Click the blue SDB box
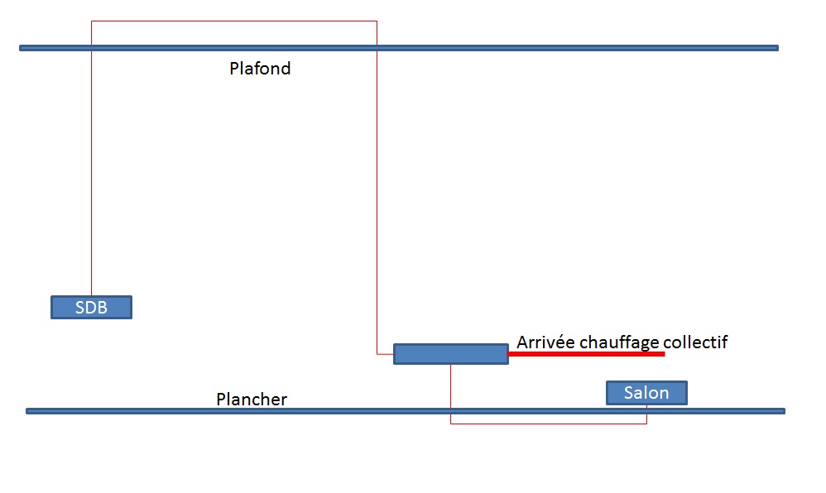click(x=91, y=307)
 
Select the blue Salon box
click(x=646, y=392)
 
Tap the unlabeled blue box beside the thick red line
click(x=450, y=354)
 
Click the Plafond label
click(x=260, y=69)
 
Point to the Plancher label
click(x=252, y=400)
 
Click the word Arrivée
click(x=546, y=342)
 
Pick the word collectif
click(x=695, y=342)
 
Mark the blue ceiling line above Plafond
click(x=497, y=48)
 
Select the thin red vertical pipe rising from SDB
click(x=91, y=165)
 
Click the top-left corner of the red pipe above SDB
click(x=91, y=21)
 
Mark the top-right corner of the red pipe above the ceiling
click(x=377, y=21)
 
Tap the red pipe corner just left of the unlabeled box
click(x=377, y=354)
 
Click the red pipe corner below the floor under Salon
click(x=646, y=424)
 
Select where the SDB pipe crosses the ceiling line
click(x=91, y=48)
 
